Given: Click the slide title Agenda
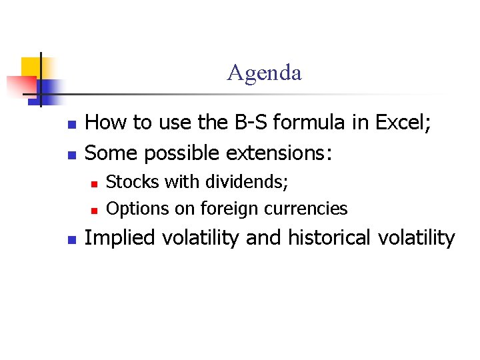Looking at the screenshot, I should [x=264, y=72].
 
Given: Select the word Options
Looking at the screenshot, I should [x=131, y=209].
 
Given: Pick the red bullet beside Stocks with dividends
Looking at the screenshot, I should [x=94, y=183].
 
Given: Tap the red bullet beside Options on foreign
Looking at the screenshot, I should [x=94, y=210].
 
